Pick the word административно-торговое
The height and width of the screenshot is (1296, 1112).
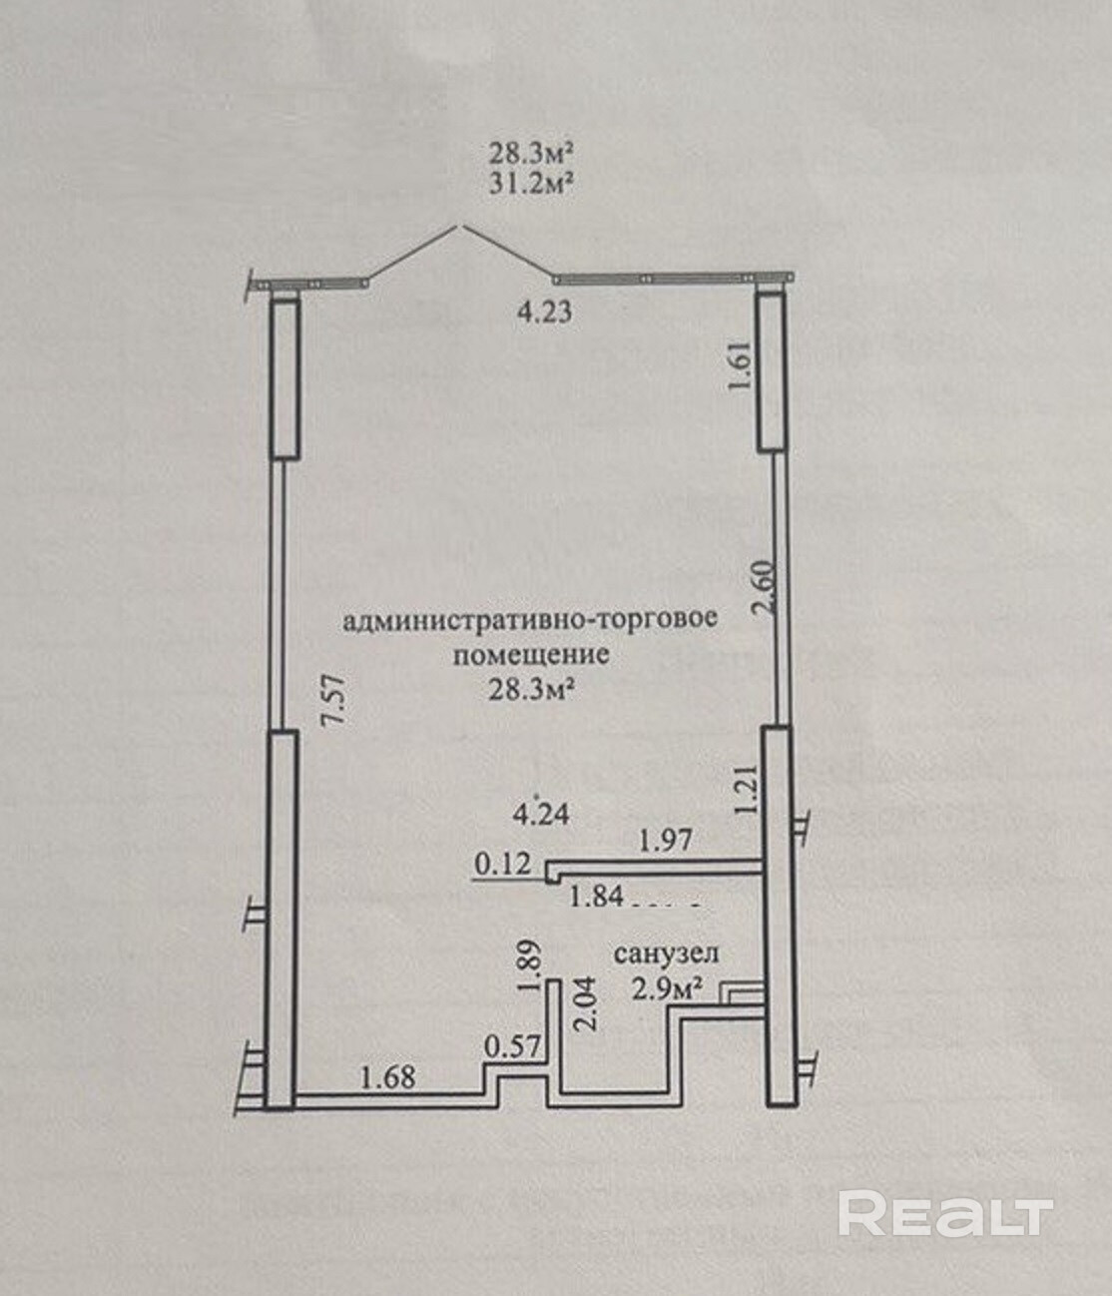click(x=529, y=620)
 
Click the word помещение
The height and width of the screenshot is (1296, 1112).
click(x=530, y=655)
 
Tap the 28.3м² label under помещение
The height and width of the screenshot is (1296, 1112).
click(x=529, y=689)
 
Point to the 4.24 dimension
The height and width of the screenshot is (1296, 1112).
click(x=540, y=814)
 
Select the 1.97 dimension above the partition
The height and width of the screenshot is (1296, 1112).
click(x=666, y=842)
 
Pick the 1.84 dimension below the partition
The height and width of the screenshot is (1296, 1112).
click(x=595, y=897)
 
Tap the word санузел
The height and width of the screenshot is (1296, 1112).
click(x=666, y=954)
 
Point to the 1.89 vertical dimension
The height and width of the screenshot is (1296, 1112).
click(x=531, y=966)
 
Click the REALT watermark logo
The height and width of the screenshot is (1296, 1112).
click(x=944, y=1214)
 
